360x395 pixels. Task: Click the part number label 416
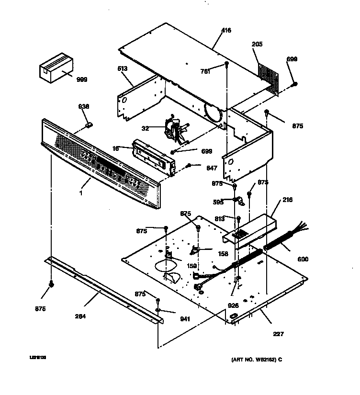pos(226,31)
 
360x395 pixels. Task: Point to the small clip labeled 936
pos(89,125)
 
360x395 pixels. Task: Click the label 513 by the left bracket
pos(123,69)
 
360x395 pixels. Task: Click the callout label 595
pos(218,202)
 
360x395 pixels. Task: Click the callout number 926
pos(233,305)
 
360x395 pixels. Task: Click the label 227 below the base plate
pos(278,334)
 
